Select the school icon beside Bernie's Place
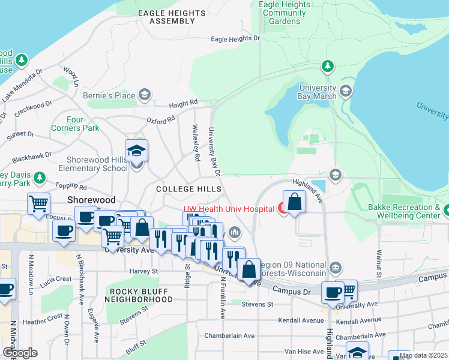[x=144, y=95]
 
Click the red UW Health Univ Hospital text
[x=228, y=208]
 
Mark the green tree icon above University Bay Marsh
[x=327, y=65]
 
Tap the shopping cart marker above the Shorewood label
[x=38, y=204]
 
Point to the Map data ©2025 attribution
[x=423, y=355]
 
